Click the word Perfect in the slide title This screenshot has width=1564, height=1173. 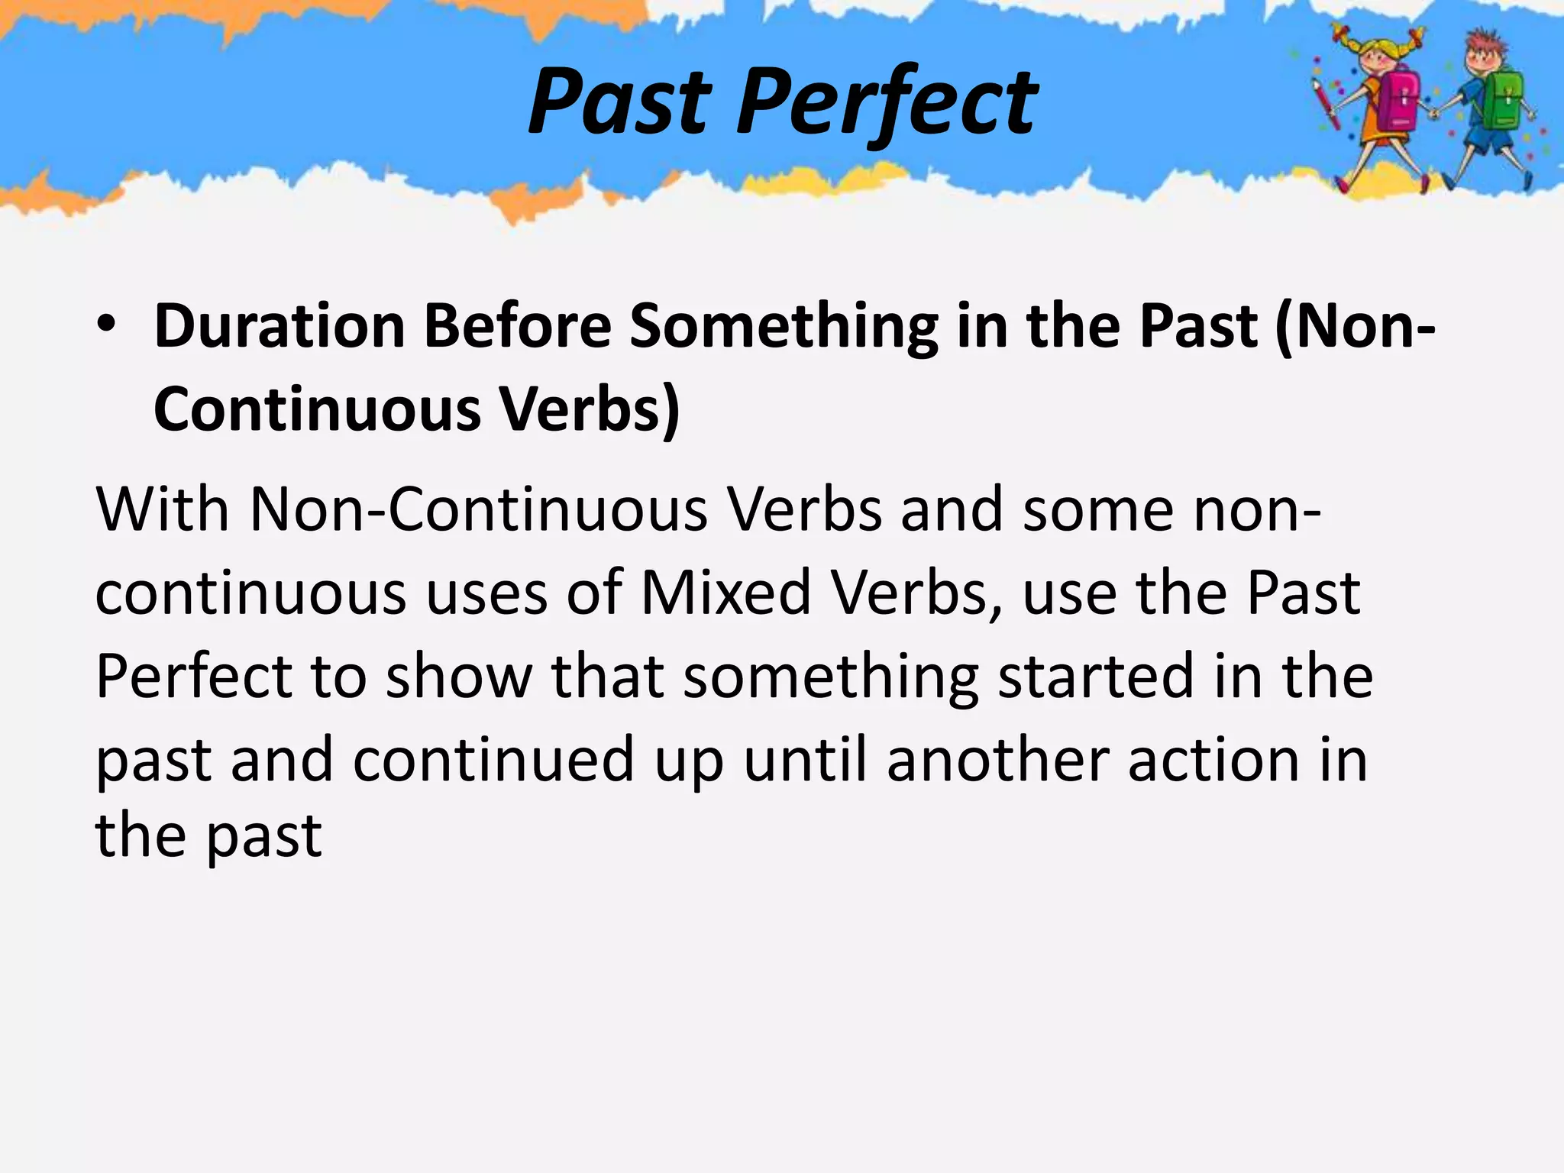[887, 103]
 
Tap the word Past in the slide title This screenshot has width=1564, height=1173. [620, 103]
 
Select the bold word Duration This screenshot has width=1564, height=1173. [280, 327]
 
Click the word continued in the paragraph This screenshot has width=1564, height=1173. [493, 760]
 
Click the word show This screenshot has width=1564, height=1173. [459, 677]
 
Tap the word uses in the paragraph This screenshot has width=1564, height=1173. [486, 594]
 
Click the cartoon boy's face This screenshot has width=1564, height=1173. [1478, 57]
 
